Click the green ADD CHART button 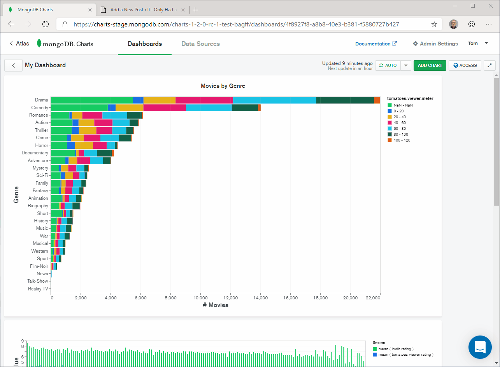(430, 65)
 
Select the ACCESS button (465, 65)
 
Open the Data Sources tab (200, 44)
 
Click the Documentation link (376, 44)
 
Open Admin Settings (435, 44)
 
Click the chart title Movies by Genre (223, 86)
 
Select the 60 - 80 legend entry (400, 128)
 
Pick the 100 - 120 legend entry (402, 140)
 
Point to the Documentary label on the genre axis (35, 153)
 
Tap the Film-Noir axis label (39, 266)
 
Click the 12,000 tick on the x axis (230, 298)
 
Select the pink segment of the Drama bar (204, 100)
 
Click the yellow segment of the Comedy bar (130, 108)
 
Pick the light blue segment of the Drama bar (274, 100)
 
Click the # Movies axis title (216, 305)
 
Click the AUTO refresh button (388, 65)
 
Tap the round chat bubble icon (480, 347)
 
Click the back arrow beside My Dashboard (14, 65)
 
